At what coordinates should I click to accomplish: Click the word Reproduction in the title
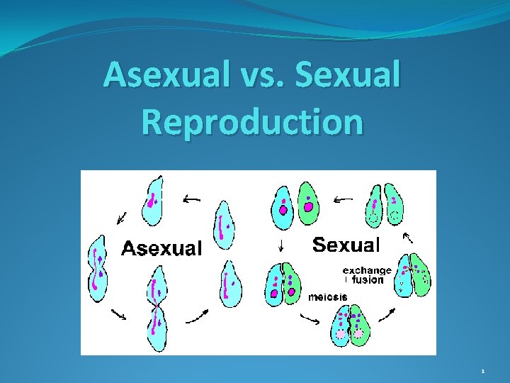[252, 121]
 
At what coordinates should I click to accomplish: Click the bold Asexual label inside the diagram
[161, 248]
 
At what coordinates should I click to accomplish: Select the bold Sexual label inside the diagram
[346, 245]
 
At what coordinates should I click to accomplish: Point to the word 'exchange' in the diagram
[367, 270]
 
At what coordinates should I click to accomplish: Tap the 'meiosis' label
[327, 296]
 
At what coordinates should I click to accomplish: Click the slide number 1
[483, 371]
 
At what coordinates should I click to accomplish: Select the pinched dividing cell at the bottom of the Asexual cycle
[156, 312]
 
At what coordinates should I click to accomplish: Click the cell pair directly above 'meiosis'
[282, 284]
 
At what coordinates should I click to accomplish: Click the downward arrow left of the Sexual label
[282, 246]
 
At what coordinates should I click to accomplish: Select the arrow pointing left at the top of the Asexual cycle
[191, 200]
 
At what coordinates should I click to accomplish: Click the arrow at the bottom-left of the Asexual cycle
[118, 313]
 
